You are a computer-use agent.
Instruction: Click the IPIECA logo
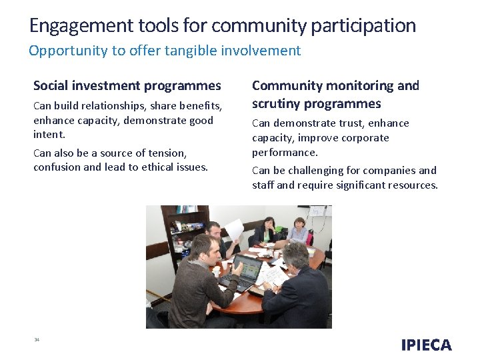pos(426,345)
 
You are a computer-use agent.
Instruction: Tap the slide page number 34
pos(37,340)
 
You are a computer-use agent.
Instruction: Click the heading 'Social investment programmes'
pos(127,85)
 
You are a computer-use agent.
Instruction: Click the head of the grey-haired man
pos(296,255)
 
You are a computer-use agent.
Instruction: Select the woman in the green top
pos(267,231)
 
